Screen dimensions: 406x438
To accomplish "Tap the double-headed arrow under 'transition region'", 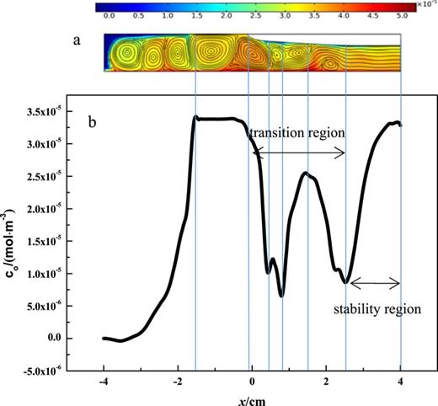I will point(299,152).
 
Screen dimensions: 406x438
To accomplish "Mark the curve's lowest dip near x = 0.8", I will point(282,295).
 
